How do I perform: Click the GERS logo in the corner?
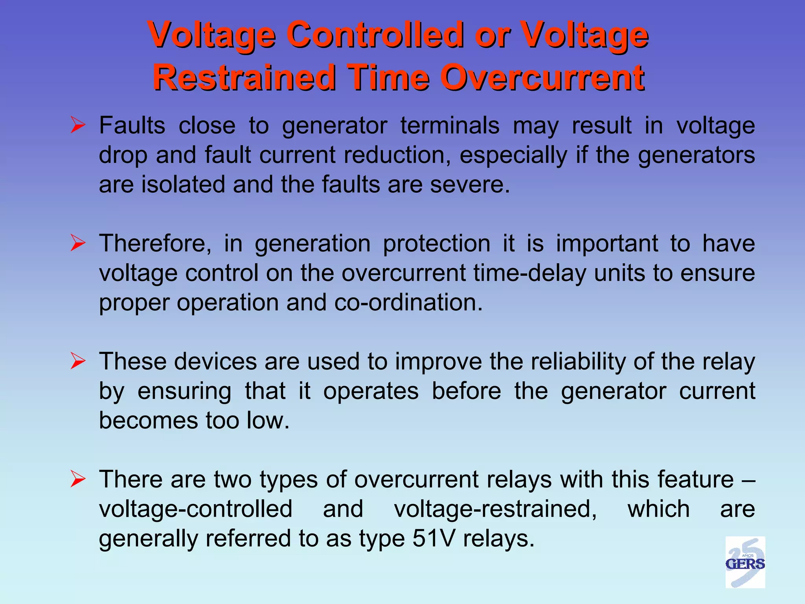pyautogui.click(x=745, y=562)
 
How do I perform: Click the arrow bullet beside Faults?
pyautogui.click(x=78, y=125)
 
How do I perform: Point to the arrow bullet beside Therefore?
pyautogui.click(x=78, y=243)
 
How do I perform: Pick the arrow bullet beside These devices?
pyautogui.click(x=78, y=361)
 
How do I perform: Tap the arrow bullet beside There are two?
pyautogui.click(x=78, y=479)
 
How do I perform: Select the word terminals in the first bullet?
pyautogui.click(x=450, y=125)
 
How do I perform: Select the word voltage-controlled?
pyautogui.click(x=195, y=508)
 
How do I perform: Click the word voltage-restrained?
pyautogui.click(x=495, y=508)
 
